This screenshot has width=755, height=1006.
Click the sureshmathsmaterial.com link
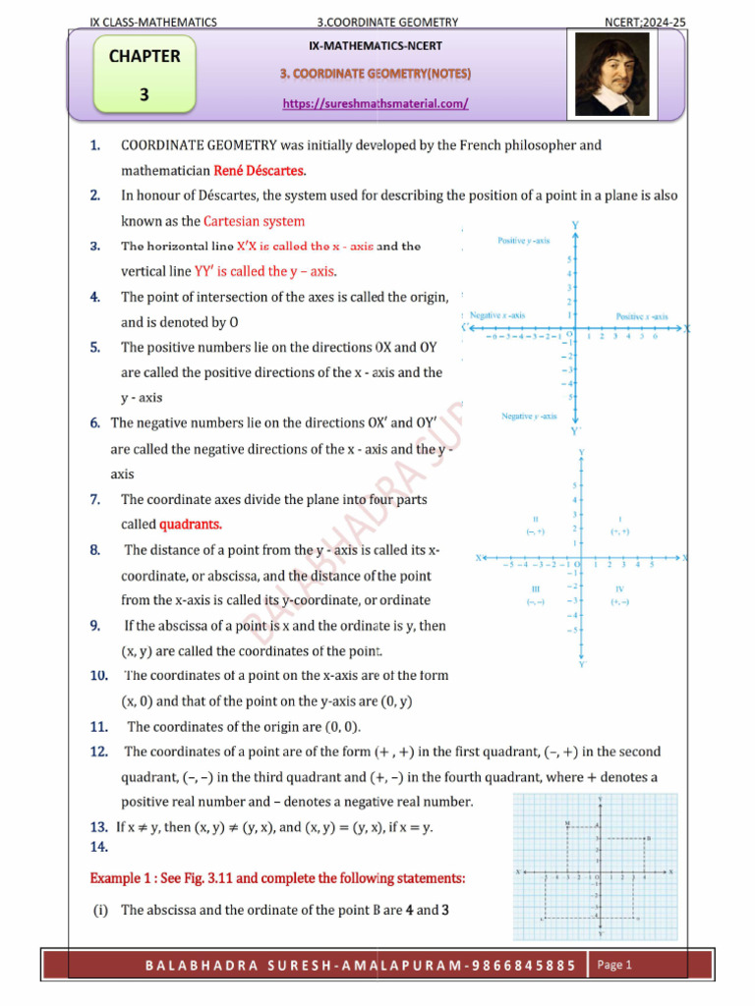coord(376,103)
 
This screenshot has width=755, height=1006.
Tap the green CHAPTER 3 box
coord(145,75)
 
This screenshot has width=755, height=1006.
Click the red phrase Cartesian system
coord(254,221)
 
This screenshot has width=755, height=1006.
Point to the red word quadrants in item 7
coord(191,524)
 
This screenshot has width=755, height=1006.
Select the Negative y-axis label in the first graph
coord(529,417)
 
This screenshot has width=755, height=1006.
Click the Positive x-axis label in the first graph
coord(642,316)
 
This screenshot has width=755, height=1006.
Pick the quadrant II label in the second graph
coord(535,519)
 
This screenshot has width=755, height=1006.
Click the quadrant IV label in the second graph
coord(619,588)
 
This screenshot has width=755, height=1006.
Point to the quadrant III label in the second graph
coord(535,588)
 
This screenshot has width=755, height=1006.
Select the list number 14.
coord(98,846)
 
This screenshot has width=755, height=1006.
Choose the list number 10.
coord(98,676)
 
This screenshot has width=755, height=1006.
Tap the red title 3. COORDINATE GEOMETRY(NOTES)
coord(376,75)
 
